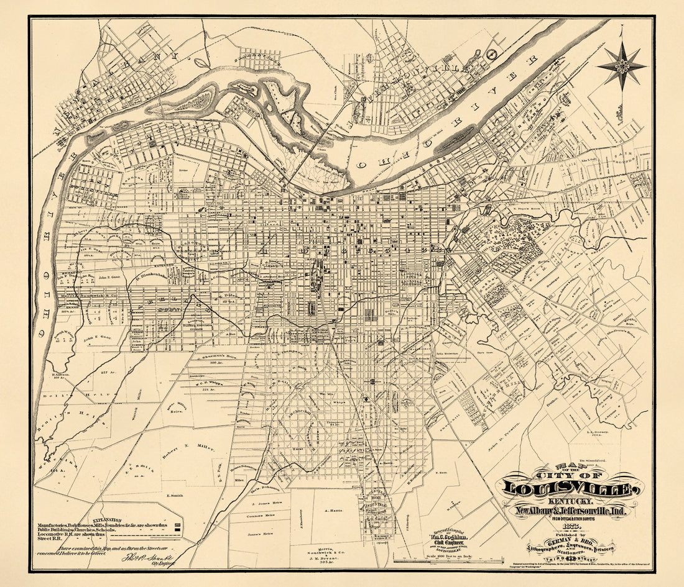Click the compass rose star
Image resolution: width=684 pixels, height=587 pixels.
622,65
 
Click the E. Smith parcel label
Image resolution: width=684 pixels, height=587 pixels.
177,496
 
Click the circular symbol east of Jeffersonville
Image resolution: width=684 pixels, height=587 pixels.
493,54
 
